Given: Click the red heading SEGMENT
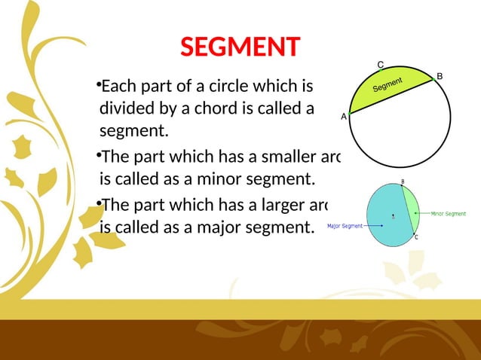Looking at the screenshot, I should [240, 48].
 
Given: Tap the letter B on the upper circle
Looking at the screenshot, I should [440, 75].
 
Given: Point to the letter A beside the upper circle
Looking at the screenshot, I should [344, 117].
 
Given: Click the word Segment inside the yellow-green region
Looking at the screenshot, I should [388, 90].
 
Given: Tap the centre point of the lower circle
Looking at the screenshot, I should [393, 217].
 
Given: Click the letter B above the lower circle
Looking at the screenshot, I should [403, 182].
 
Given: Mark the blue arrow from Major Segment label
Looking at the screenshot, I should [375, 225].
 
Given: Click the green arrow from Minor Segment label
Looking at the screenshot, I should [421, 214].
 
